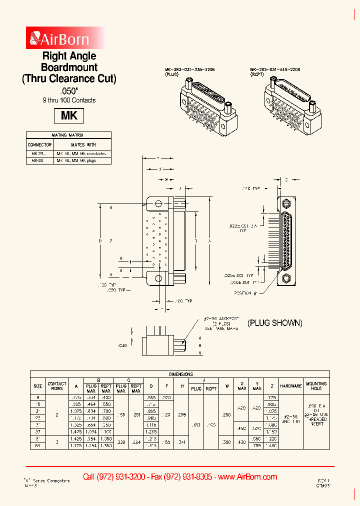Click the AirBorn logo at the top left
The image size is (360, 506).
click(x=60, y=38)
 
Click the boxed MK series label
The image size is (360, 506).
click(x=69, y=115)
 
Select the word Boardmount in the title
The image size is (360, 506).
click(x=69, y=67)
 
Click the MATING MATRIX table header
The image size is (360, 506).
click(x=68, y=135)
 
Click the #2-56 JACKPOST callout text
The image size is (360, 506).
click(x=222, y=318)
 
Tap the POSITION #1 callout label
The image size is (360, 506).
click(x=245, y=292)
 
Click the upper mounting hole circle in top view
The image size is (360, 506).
click(x=158, y=204)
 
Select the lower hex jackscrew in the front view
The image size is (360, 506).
click(x=286, y=278)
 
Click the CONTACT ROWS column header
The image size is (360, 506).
click(x=57, y=386)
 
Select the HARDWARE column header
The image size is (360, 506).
click(x=290, y=386)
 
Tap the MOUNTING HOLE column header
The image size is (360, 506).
click(x=316, y=386)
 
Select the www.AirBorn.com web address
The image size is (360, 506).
click(x=247, y=476)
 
